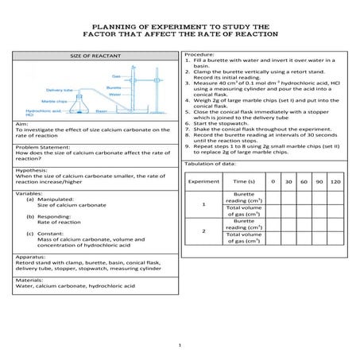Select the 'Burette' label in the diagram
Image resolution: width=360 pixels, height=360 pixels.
[x=114, y=87]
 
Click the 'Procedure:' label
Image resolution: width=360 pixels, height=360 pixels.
[x=201, y=53]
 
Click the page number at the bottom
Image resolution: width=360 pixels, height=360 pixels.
[x=180, y=344]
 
